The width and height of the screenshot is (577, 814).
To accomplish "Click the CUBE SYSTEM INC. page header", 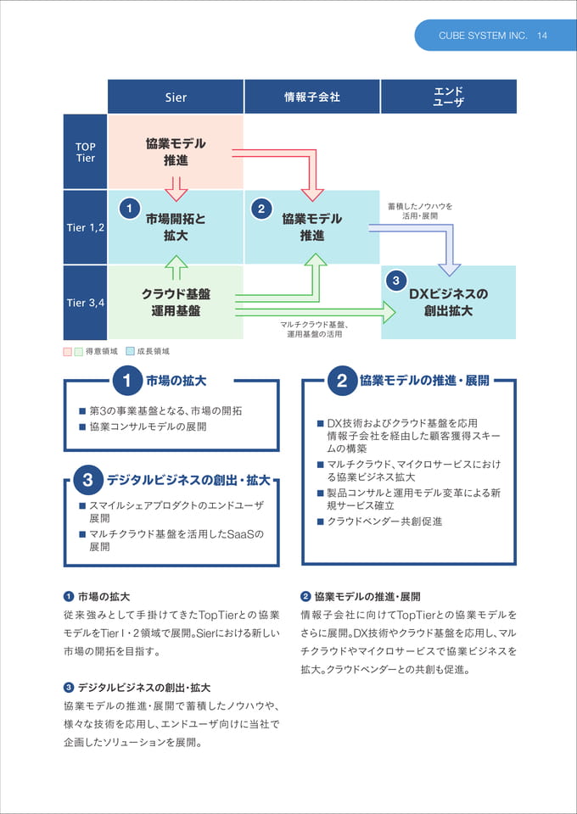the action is [483, 36].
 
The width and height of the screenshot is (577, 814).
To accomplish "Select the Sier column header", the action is [176, 97].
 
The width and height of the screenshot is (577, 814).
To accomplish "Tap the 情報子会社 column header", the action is [312, 97].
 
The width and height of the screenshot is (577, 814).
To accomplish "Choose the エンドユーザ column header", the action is [449, 97].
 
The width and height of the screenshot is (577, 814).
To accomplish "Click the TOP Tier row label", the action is [85, 152].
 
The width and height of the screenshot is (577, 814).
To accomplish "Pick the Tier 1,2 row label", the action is [85, 227].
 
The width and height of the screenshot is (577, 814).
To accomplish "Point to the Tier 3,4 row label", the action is [85, 302].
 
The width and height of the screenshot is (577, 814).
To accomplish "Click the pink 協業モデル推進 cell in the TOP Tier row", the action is [176, 152].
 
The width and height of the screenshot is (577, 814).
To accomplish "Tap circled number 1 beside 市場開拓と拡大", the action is [128, 209].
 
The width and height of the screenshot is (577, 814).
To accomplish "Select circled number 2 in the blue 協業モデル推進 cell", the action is [261, 209].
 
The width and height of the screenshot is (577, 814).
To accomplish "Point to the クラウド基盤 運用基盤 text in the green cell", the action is [176, 302].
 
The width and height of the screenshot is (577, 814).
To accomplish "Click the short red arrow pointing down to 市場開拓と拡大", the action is [176, 189].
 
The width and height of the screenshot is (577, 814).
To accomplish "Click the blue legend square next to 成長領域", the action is [131, 351].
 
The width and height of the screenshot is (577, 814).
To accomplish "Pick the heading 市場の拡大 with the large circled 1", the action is [160, 381].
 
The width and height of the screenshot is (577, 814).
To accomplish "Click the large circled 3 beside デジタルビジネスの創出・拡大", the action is [87, 480].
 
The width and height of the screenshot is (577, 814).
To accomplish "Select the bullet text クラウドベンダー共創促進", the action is [384, 521].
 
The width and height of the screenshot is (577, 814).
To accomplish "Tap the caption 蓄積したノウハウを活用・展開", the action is [420, 211].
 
